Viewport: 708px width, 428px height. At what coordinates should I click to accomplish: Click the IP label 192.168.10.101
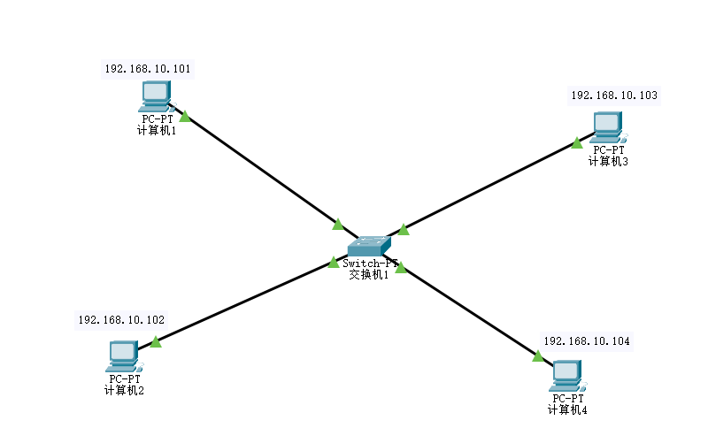[148, 69]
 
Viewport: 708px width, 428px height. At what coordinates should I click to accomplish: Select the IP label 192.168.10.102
[121, 320]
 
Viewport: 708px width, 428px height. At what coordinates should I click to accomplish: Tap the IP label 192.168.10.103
[614, 95]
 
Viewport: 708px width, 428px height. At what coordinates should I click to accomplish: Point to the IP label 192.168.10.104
[588, 340]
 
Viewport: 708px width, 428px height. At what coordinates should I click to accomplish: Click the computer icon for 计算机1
[156, 95]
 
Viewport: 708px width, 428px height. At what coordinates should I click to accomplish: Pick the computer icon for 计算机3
[609, 126]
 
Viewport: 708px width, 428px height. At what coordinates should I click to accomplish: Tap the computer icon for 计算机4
[566, 376]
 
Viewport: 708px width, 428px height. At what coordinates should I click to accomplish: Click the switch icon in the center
[368, 247]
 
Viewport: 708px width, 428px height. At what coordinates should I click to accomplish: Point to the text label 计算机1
[158, 130]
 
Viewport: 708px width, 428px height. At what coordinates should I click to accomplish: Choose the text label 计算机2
[124, 390]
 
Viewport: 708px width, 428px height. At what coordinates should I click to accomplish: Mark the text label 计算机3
[609, 160]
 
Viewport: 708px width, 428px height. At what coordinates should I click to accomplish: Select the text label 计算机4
[567, 409]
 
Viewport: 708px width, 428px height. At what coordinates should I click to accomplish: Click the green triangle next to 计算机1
[185, 116]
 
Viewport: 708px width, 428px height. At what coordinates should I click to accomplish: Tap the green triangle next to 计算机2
[156, 341]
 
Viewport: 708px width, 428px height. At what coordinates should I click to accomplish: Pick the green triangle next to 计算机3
[577, 142]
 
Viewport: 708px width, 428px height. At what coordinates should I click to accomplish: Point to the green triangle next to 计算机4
[537, 355]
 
